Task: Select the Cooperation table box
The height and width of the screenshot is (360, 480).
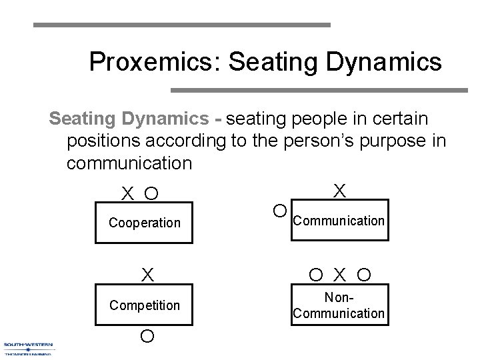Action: [x=145, y=223]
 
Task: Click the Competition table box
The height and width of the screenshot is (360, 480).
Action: [x=145, y=305]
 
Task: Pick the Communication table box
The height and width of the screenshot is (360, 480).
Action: [x=339, y=220]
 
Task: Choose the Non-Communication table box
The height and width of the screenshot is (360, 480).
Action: [x=339, y=306]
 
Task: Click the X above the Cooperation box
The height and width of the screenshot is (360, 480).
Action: [x=127, y=194]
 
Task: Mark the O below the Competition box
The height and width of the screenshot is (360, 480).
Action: [x=147, y=336]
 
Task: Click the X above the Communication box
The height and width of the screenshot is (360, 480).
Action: [x=339, y=191]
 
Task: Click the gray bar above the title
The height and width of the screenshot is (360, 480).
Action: [x=181, y=25]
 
